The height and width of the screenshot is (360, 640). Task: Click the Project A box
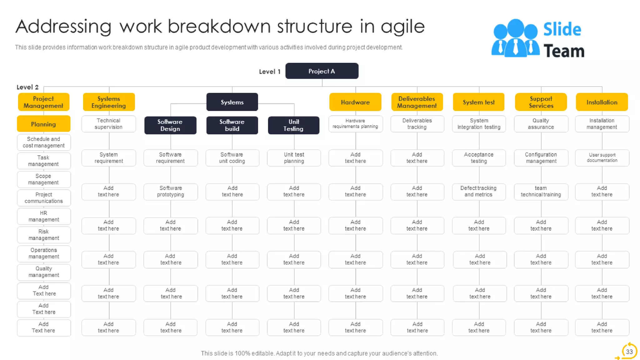[322, 71]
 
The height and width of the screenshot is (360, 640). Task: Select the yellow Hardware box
[355, 102]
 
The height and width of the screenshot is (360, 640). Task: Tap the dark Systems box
[232, 102]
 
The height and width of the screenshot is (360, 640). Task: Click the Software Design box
[170, 125]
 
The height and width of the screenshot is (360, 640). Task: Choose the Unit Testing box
[293, 125]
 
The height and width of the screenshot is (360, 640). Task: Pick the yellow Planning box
[43, 124]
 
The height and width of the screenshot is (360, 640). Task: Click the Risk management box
[44, 235]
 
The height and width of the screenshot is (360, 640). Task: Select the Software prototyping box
[170, 191]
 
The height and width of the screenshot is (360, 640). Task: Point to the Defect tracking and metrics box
[478, 191]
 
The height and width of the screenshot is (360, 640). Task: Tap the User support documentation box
[602, 157]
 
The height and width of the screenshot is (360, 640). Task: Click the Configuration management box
[541, 157]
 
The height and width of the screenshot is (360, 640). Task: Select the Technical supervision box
[108, 124]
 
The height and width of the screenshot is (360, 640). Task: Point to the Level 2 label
[27, 87]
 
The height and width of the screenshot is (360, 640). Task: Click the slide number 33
[629, 352]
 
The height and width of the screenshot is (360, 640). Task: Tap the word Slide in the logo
[562, 29]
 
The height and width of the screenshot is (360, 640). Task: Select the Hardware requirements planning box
[355, 123]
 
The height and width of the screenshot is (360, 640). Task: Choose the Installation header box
[602, 102]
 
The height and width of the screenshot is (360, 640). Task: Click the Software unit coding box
[232, 157]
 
